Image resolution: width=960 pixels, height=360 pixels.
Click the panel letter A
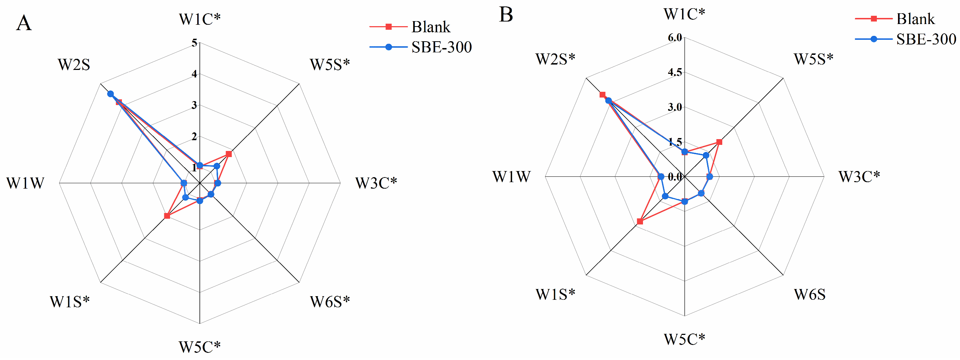tap(24, 23)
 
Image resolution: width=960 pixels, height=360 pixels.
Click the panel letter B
tap(506, 15)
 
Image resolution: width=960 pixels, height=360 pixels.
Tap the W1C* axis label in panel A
tap(200, 19)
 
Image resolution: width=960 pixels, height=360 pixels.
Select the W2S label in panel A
tap(74, 65)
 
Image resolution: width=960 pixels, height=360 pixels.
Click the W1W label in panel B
tap(511, 177)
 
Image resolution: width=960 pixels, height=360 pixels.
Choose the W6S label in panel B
tap(809, 295)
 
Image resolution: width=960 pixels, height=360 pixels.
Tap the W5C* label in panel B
tap(684, 340)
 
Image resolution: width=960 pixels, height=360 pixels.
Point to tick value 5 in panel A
tap(194, 43)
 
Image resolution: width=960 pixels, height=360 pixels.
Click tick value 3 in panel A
tap(194, 105)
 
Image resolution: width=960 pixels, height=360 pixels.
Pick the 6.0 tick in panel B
tap(675, 37)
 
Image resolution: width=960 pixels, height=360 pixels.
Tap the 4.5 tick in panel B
tap(675, 72)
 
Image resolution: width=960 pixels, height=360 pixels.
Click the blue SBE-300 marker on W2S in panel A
tap(111, 94)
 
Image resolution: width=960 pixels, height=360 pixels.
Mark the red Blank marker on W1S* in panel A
tap(167, 216)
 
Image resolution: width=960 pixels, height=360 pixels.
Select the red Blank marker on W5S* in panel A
tap(229, 154)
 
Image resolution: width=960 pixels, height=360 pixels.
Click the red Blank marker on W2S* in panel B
tap(602, 95)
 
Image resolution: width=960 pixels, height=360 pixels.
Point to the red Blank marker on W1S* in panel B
tap(640, 221)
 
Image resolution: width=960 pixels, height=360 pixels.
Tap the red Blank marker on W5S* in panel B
tap(719, 142)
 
